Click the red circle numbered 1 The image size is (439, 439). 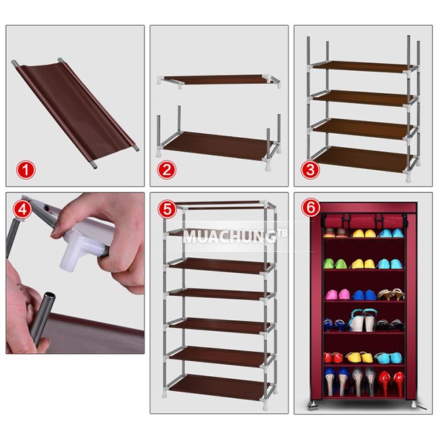click(x=26, y=170)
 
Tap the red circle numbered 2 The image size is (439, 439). click(x=167, y=170)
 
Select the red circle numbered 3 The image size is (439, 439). click(x=310, y=170)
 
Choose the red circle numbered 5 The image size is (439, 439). click(x=167, y=209)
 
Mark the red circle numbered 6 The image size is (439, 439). click(x=311, y=209)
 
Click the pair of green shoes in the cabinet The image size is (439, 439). click(x=334, y=263)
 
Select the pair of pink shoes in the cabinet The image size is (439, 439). click(x=338, y=294)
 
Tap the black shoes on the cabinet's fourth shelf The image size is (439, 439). click(x=389, y=326)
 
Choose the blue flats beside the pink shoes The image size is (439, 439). click(x=363, y=295)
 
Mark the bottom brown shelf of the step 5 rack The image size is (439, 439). click(x=219, y=384)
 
